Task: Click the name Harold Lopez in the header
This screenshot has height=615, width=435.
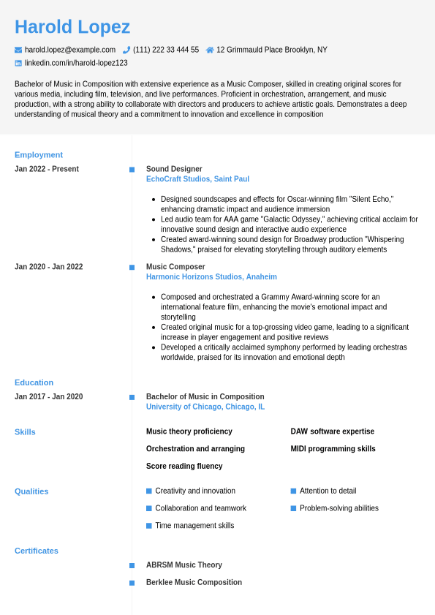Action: click(x=72, y=27)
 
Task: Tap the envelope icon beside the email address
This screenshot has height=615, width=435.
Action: click(x=18, y=50)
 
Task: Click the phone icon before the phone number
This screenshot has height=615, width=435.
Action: click(x=126, y=50)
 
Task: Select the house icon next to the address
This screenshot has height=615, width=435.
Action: click(x=210, y=50)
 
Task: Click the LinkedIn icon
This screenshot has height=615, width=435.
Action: click(x=18, y=63)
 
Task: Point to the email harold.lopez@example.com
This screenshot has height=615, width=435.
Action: click(x=70, y=50)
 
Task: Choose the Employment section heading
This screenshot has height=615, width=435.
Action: click(x=39, y=155)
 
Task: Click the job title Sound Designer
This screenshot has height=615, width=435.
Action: click(x=174, y=169)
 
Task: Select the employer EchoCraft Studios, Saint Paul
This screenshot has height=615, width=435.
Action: click(x=197, y=179)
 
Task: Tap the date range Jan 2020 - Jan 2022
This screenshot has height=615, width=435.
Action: click(x=48, y=267)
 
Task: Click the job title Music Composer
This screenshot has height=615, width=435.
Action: click(x=175, y=267)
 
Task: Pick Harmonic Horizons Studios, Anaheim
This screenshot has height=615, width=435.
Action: click(x=211, y=277)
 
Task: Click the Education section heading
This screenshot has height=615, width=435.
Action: click(x=34, y=382)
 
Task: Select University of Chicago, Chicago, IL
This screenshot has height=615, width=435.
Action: click(x=205, y=407)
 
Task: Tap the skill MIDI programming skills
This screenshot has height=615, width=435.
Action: click(x=333, y=449)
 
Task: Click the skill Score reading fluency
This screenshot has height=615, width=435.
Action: click(x=184, y=467)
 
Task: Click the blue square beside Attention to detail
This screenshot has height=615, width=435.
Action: click(x=293, y=491)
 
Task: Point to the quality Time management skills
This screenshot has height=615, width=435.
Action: click(x=194, y=526)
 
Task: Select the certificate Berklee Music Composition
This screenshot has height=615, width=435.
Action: click(x=194, y=583)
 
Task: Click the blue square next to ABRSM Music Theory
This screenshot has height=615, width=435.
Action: click(x=132, y=565)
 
